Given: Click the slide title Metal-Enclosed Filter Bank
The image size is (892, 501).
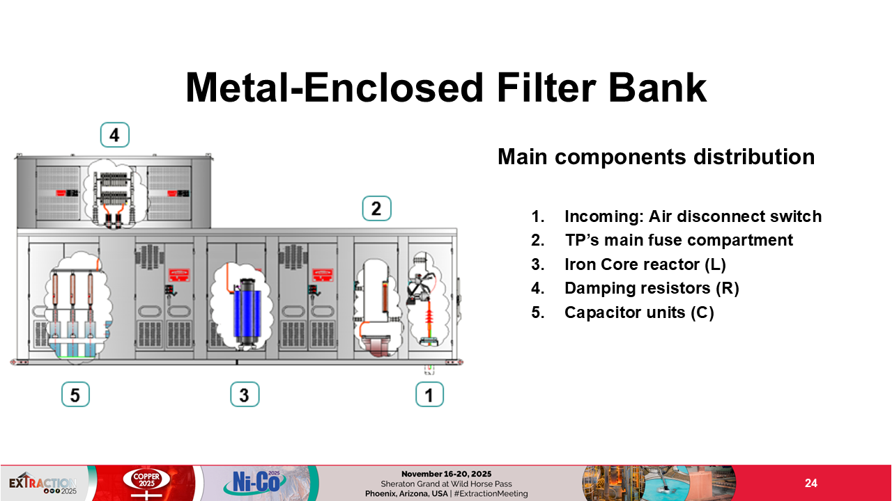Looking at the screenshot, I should click(x=446, y=88).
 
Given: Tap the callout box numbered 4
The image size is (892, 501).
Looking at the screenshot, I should click(x=114, y=135).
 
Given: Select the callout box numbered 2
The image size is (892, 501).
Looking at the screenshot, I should click(x=376, y=209).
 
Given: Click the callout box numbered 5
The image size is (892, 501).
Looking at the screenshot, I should click(x=75, y=395).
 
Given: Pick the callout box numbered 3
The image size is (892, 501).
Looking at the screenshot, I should click(x=245, y=395).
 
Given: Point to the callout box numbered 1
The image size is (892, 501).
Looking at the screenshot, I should click(x=429, y=395).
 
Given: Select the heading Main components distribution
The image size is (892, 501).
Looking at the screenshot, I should click(x=656, y=157).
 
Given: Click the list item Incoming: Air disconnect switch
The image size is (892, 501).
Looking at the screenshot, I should click(x=693, y=216).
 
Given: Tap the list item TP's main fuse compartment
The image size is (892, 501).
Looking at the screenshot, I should click(x=678, y=240).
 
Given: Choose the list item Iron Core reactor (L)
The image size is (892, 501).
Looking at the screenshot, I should click(x=650, y=264).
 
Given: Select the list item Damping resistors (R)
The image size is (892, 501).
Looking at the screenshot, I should click(x=651, y=288).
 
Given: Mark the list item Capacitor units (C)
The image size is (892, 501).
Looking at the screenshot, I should click(x=638, y=312).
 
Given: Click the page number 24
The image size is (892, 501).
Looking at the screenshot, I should click(x=810, y=484).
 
